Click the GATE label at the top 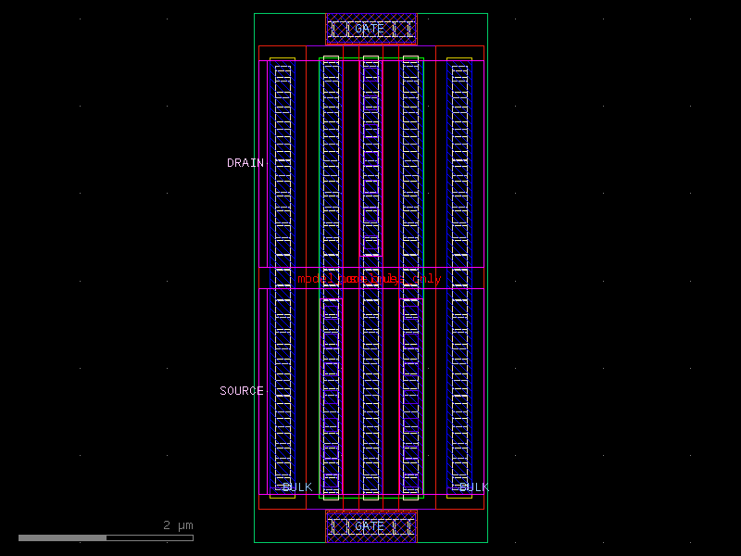370,29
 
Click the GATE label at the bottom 370,526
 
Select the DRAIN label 245,163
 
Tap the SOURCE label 242,391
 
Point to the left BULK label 296,487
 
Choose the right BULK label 473,487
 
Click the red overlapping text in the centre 370,278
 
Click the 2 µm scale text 179,525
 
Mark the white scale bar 106,537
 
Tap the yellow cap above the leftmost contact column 283,60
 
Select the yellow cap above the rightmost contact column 459,60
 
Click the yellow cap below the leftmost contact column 283,495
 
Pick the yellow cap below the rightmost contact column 459,495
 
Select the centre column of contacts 370,185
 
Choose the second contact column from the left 331,185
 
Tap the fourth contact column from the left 410,185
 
